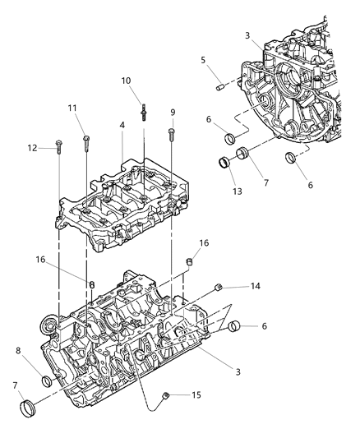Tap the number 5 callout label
point(204,59)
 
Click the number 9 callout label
point(173,112)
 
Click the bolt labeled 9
point(172,131)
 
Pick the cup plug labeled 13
point(223,162)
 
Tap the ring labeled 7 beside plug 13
point(243,154)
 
